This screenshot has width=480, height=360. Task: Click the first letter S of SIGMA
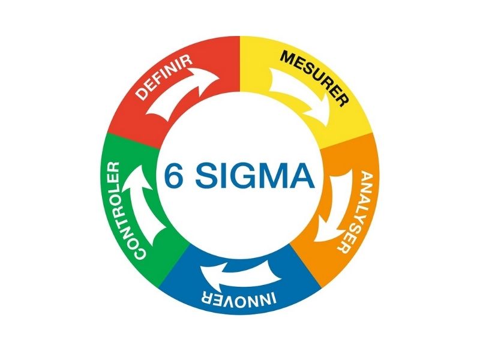(206, 175)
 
